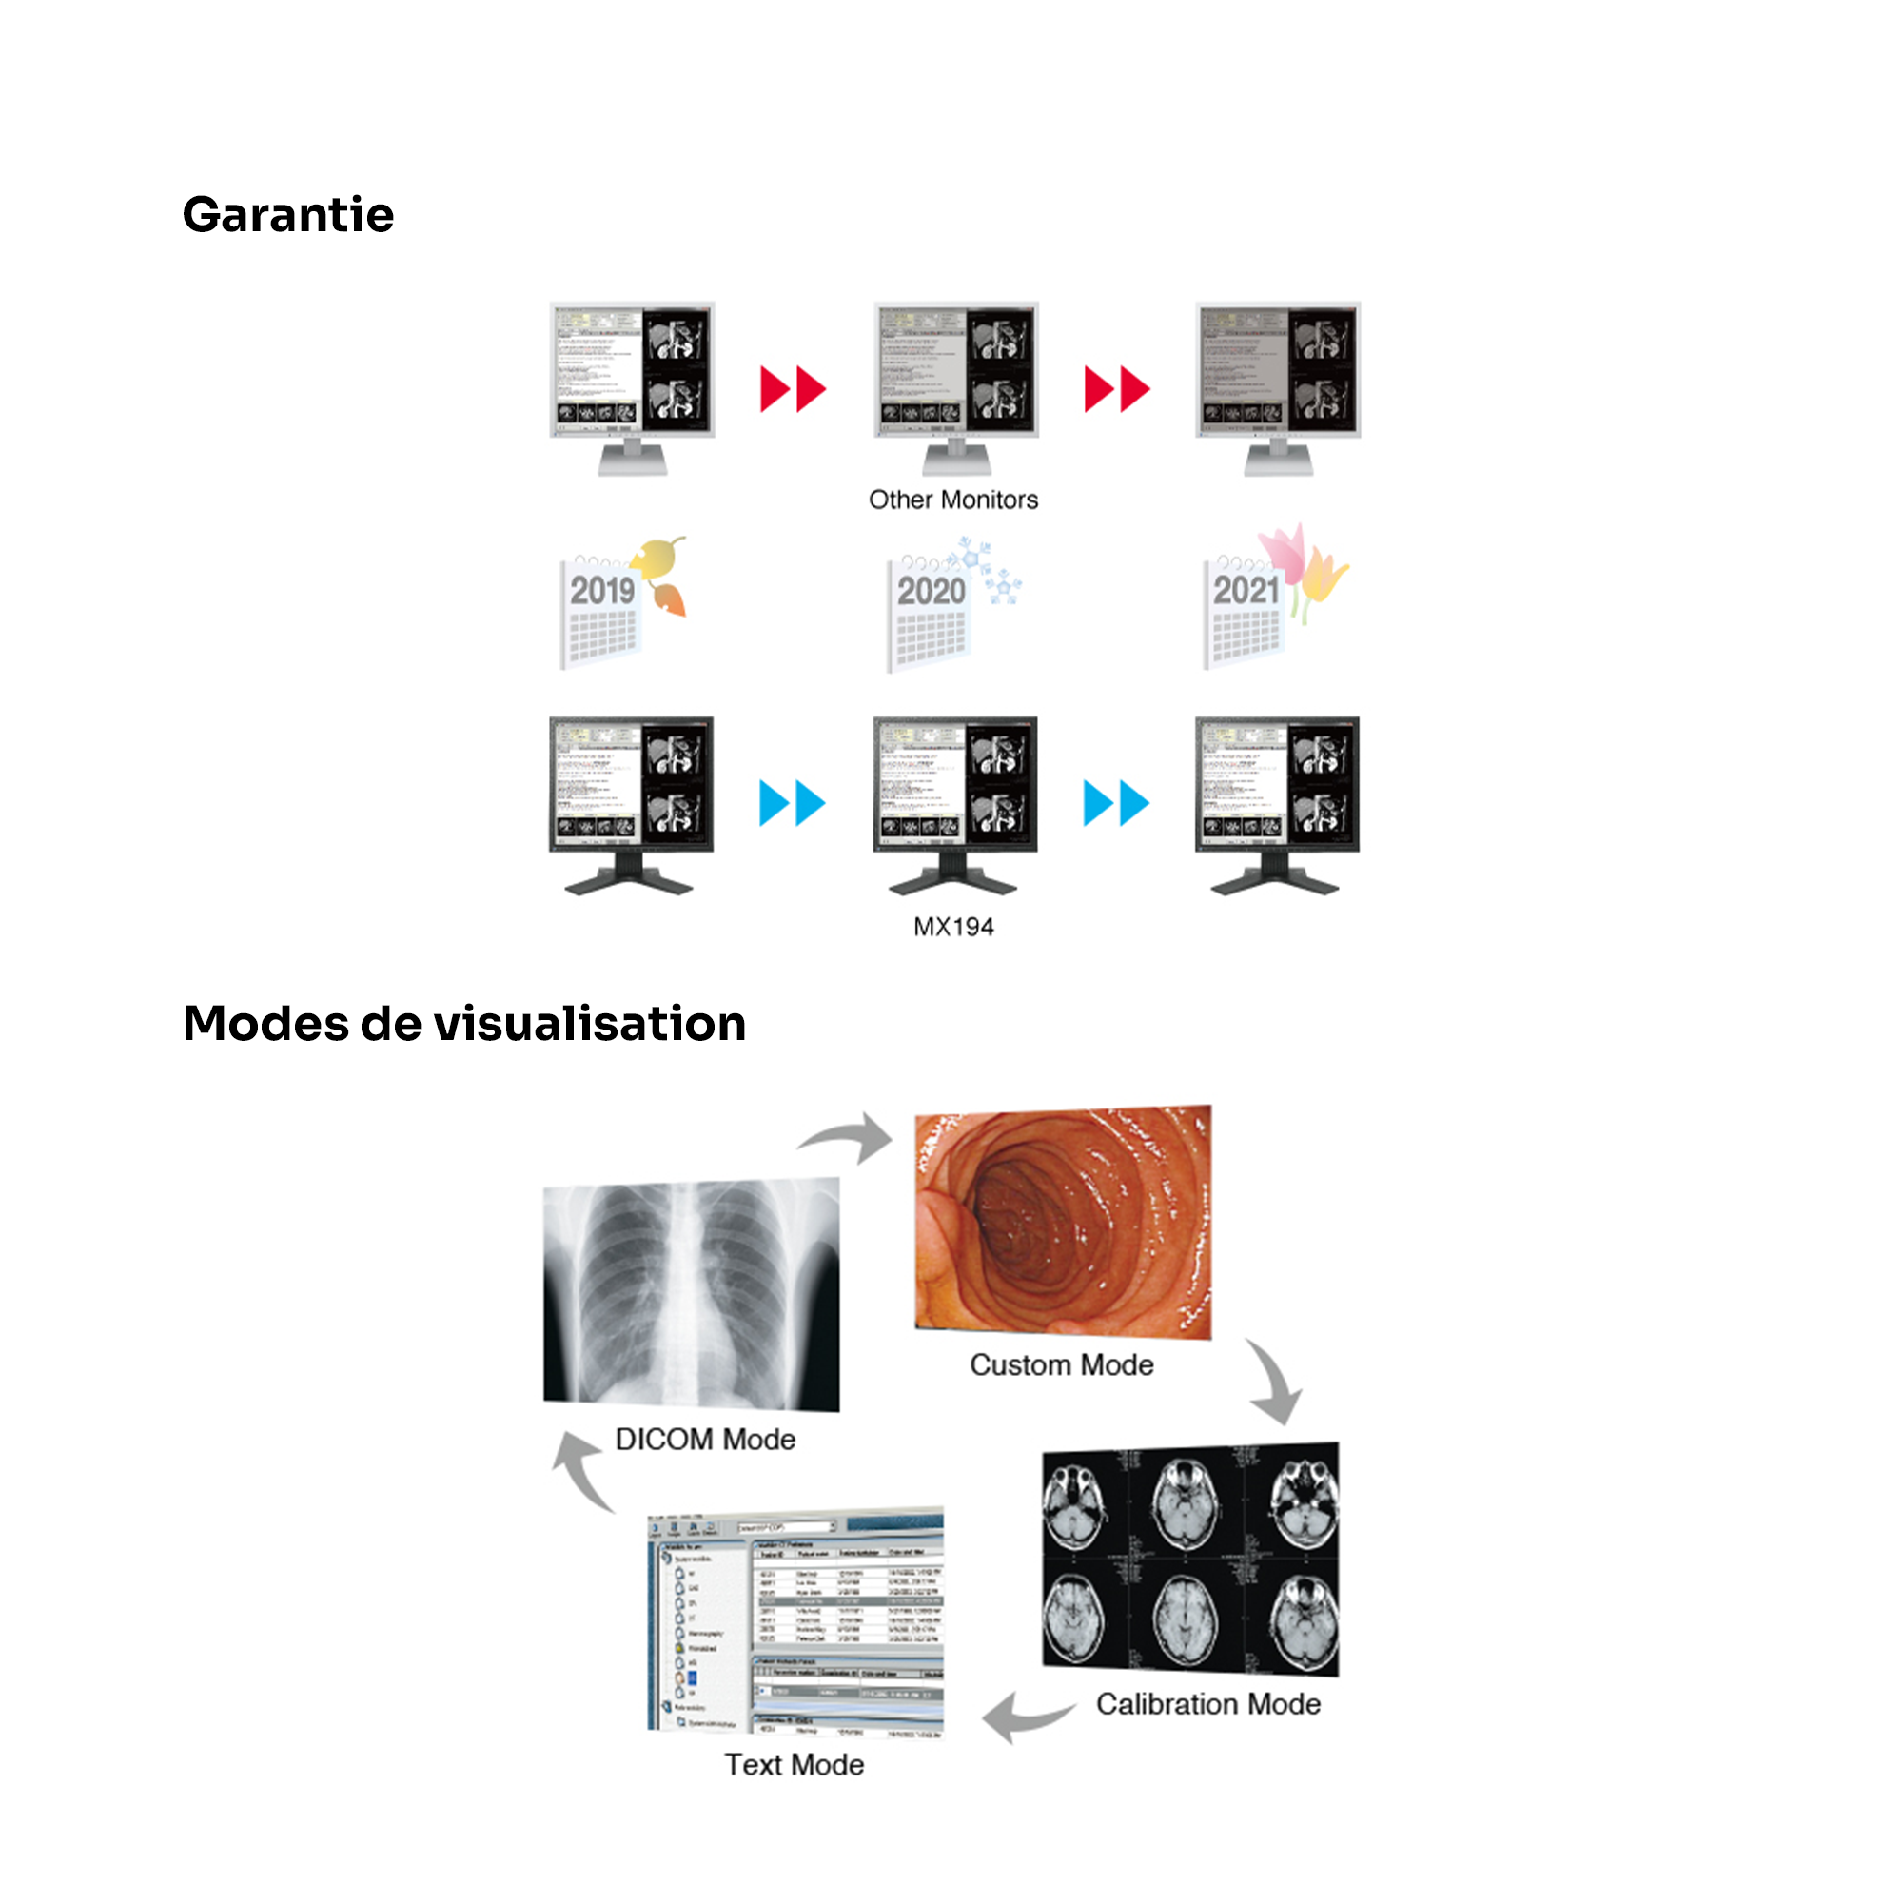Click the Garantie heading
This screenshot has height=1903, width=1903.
point(287,215)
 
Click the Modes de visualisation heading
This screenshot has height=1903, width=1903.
point(464,1024)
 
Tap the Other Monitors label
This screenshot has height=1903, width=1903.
point(952,500)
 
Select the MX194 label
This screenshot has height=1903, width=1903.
point(952,927)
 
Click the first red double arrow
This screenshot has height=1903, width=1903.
point(792,389)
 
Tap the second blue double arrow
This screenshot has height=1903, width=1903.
point(1115,803)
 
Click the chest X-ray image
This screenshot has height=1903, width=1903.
point(692,1293)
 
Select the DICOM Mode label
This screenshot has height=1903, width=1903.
point(705,1439)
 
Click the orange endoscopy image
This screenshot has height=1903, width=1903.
point(1063,1222)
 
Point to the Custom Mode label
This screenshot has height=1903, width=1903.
point(1061,1365)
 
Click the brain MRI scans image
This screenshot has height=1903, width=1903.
point(1190,1560)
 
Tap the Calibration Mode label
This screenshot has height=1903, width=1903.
point(1207,1704)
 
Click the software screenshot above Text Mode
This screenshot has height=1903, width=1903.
point(795,1622)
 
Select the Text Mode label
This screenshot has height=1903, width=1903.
point(794,1764)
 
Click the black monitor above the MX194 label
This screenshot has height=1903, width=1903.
point(954,803)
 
